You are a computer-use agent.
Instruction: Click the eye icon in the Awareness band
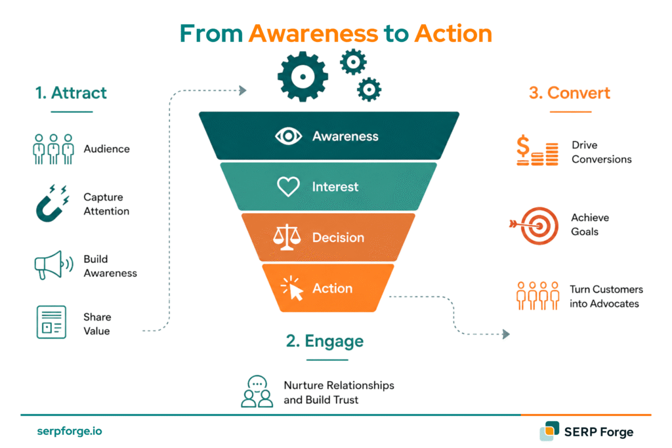pos(288,136)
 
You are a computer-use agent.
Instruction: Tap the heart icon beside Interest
pos(288,186)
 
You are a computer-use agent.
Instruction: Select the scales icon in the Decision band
pos(287,237)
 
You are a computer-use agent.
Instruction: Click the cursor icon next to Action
pos(292,288)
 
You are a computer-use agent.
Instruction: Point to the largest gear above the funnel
pos(303,77)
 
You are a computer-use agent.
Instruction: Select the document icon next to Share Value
pos(51,322)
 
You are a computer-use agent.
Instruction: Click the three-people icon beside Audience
pos(53,149)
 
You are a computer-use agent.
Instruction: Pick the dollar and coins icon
pos(537,150)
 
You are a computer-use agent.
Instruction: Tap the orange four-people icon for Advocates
pos(538,296)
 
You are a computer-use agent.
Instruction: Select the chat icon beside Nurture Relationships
pos(257,392)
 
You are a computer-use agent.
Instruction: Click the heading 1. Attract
pos(71,93)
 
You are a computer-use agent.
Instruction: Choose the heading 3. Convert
pos(570,93)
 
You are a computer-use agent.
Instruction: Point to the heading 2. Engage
pos(325,341)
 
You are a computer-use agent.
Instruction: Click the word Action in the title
pos(453,33)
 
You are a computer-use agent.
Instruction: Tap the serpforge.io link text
pos(70,431)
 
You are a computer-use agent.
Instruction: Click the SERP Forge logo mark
pos(549,431)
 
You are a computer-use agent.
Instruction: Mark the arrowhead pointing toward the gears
pos(243,91)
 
